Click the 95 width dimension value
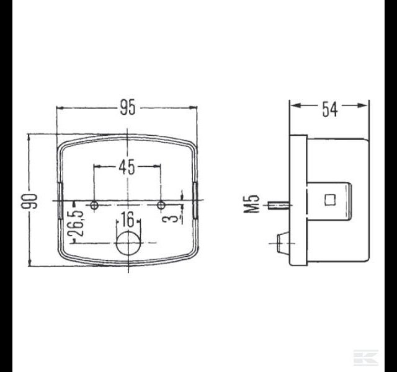click(128, 107)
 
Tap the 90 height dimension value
click(29, 201)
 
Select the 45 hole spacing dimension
click(127, 167)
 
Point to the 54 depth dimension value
click(330, 109)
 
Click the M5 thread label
click(252, 204)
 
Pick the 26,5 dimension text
click(76, 223)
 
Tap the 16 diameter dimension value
click(127, 219)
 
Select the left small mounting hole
click(94, 205)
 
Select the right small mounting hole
click(161, 205)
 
